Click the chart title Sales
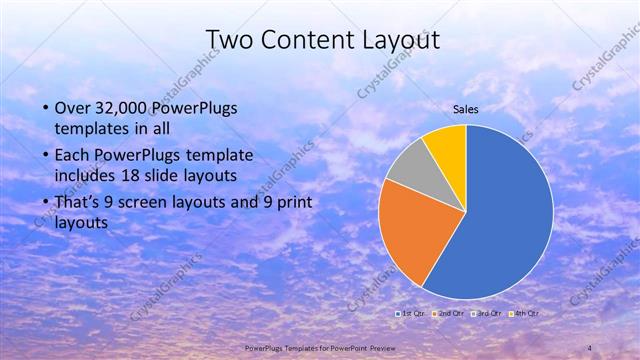click(x=466, y=109)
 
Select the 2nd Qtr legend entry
click(x=451, y=314)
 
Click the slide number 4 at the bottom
click(x=589, y=347)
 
